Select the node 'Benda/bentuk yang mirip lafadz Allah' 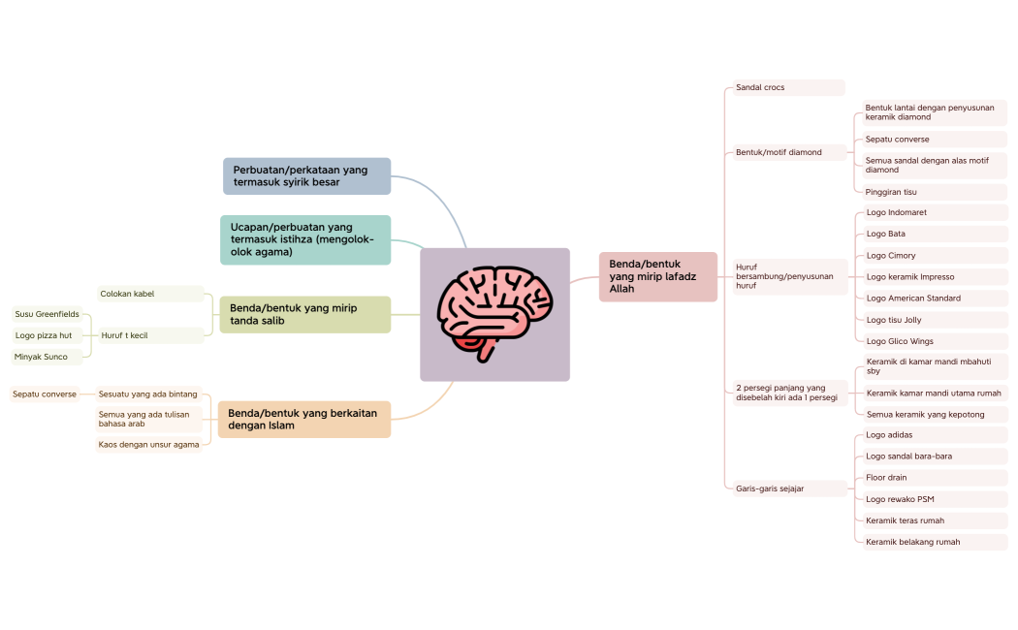[x=657, y=276]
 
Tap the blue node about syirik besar [x=306, y=176]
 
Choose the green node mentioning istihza [x=305, y=239]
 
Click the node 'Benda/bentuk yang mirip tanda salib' [x=305, y=314]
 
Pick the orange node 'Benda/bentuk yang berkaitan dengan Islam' [x=304, y=419]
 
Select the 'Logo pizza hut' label [x=45, y=335]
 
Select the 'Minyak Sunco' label [x=42, y=357]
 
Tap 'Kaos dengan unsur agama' [x=149, y=445]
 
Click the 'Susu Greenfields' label [x=48, y=314]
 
